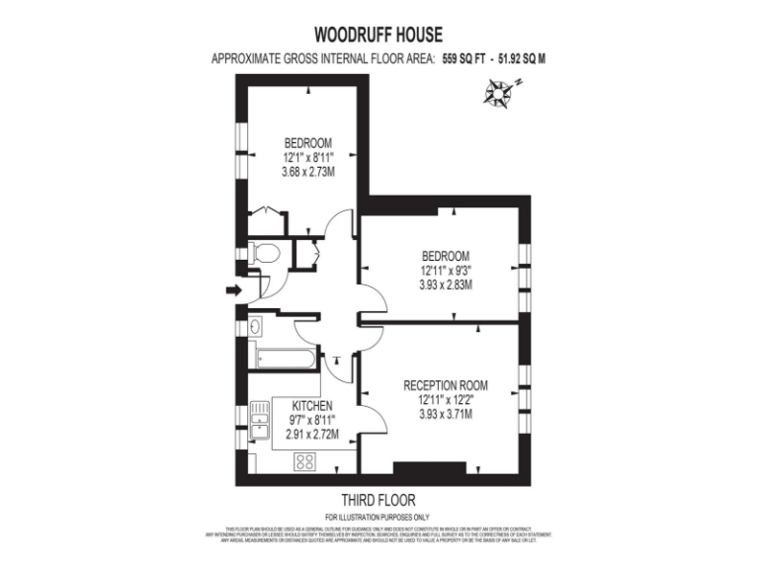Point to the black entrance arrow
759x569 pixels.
click(231, 290)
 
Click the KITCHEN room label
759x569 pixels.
click(311, 406)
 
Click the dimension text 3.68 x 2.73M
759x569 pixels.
click(307, 171)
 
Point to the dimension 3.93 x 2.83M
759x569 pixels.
click(446, 284)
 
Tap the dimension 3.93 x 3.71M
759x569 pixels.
click(446, 414)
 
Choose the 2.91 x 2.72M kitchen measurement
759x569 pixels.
click(311, 434)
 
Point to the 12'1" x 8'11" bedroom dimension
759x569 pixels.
click(307, 156)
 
